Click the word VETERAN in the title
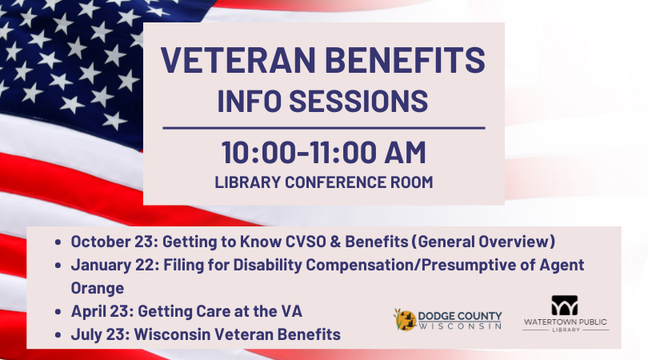pyautogui.click(x=238, y=60)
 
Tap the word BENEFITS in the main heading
pyautogui.click(x=405, y=60)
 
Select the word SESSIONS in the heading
pyautogui.click(x=358, y=101)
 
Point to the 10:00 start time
pyautogui.click(x=258, y=153)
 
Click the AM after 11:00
pyautogui.click(x=405, y=153)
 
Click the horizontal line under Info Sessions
pyautogui.click(x=323, y=128)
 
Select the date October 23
pyautogui.click(x=114, y=242)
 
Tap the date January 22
pyautogui.click(x=115, y=265)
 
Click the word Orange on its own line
pyautogui.click(x=98, y=288)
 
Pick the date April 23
pyautogui.click(x=102, y=311)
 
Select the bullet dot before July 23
pyautogui.click(x=58, y=334)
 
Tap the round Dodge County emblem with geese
pyautogui.click(x=405, y=320)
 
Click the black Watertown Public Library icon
pyautogui.click(x=565, y=306)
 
